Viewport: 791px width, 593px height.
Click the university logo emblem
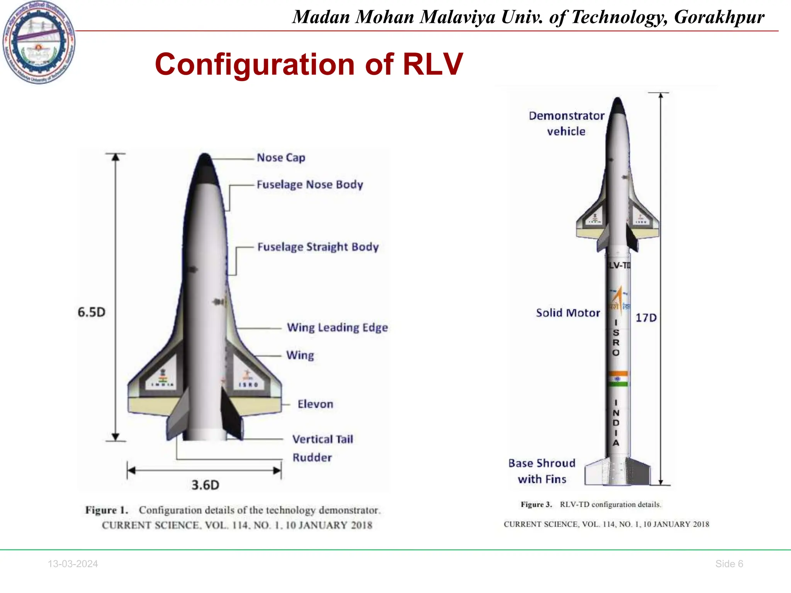coord(39,42)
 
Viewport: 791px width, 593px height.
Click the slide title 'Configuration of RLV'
coord(309,64)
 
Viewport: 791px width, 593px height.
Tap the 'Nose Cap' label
coord(281,158)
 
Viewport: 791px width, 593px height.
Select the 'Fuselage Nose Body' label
coord(310,185)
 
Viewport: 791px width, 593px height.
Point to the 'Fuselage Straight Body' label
coord(318,247)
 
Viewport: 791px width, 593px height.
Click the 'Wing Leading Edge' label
coord(337,327)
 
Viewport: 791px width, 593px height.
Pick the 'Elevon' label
coord(315,404)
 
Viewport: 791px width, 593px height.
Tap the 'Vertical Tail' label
coord(323,439)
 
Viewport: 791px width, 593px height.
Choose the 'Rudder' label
coord(312,457)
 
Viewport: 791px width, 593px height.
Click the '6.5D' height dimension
coord(92,312)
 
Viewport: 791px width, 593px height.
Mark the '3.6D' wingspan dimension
coord(205,485)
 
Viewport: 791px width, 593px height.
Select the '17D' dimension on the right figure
coord(646,318)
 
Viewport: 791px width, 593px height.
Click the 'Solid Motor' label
coord(568,313)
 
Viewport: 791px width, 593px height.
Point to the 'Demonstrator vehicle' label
coord(566,124)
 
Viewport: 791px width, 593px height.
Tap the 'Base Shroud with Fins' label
coord(542,471)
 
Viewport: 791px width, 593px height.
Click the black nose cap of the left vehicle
coord(205,170)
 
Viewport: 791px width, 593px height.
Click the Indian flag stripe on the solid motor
coord(618,379)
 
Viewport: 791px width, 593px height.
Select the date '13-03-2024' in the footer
coord(73,564)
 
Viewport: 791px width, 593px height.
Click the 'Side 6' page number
coord(729,564)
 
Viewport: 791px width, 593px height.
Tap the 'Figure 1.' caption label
coord(107,510)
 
